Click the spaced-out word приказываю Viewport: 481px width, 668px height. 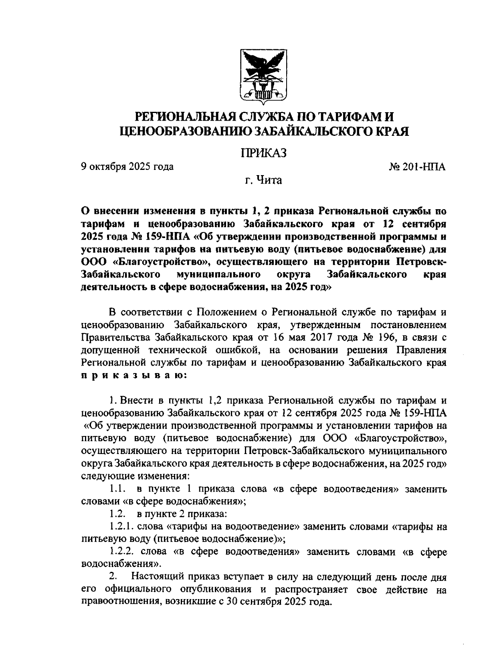[x=133, y=376]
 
